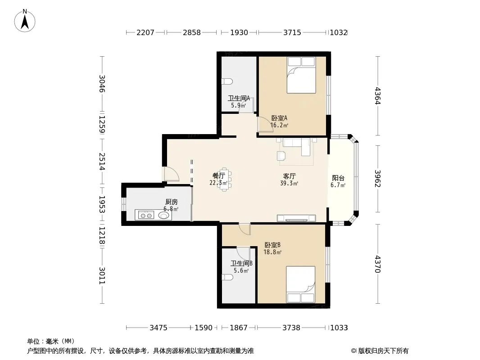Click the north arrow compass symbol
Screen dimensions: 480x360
25,21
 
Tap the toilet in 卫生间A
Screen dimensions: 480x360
227,81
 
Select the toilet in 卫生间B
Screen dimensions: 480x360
227,277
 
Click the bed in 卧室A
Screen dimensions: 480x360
301,75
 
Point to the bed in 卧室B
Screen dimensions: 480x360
301,284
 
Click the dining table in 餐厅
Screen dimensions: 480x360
225,179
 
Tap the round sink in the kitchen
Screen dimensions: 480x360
164,216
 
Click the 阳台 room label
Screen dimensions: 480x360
338,178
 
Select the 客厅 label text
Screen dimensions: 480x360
289,176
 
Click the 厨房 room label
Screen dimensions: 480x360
172,202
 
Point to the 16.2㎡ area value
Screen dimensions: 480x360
279,125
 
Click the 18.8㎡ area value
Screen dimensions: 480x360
272,252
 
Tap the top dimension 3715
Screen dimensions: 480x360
292,32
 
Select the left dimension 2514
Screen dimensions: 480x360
102,162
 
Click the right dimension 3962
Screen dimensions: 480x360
378,179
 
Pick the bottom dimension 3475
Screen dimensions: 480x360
158,328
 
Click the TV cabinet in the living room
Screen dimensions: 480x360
296,218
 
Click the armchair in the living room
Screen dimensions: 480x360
281,156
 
